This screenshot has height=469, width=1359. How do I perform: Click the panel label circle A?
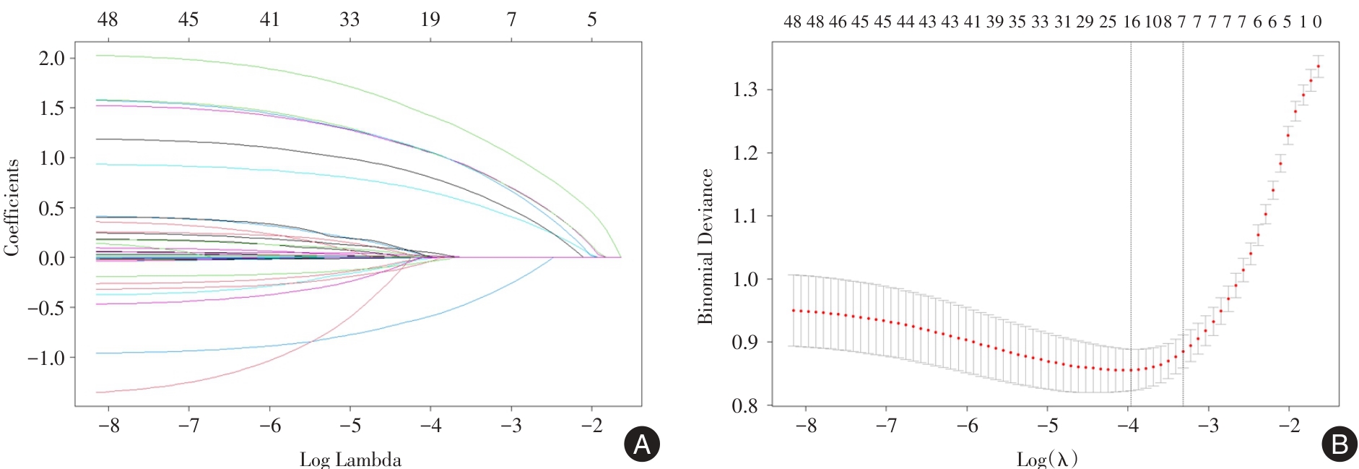[x=641, y=444]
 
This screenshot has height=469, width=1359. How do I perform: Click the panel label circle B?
[x=1339, y=444]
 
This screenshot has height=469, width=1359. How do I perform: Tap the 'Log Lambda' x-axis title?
[x=350, y=460]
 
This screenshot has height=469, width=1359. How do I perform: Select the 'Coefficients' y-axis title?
[x=12, y=207]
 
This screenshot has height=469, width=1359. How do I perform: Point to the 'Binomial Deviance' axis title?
[x=705, y=246]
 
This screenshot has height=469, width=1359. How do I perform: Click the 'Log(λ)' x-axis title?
[x=1047, y=459]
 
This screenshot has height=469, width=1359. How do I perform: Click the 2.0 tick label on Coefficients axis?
[x=51, y=58]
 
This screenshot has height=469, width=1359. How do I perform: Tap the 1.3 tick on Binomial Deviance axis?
[x=745, y=90]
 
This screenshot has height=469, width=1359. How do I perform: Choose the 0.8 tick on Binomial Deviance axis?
[x=745, y=405]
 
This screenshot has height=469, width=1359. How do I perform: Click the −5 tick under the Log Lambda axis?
[x=350, y=426]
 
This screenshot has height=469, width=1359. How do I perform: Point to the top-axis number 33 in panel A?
[x=349, y=20]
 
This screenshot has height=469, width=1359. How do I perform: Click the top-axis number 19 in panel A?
[x=430, y=20]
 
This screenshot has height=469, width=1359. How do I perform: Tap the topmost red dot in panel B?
[x=1318, y=66]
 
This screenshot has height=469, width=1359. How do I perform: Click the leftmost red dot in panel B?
[x=793, y=311]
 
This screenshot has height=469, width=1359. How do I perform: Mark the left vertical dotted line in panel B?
[x=1131, y=217]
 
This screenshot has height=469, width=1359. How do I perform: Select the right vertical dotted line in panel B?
[x=1183, y=217]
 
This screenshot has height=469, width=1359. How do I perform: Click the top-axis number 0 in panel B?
[x=1317, y=22]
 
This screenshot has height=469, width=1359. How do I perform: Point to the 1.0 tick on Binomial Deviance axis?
[x=745, y=280]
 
